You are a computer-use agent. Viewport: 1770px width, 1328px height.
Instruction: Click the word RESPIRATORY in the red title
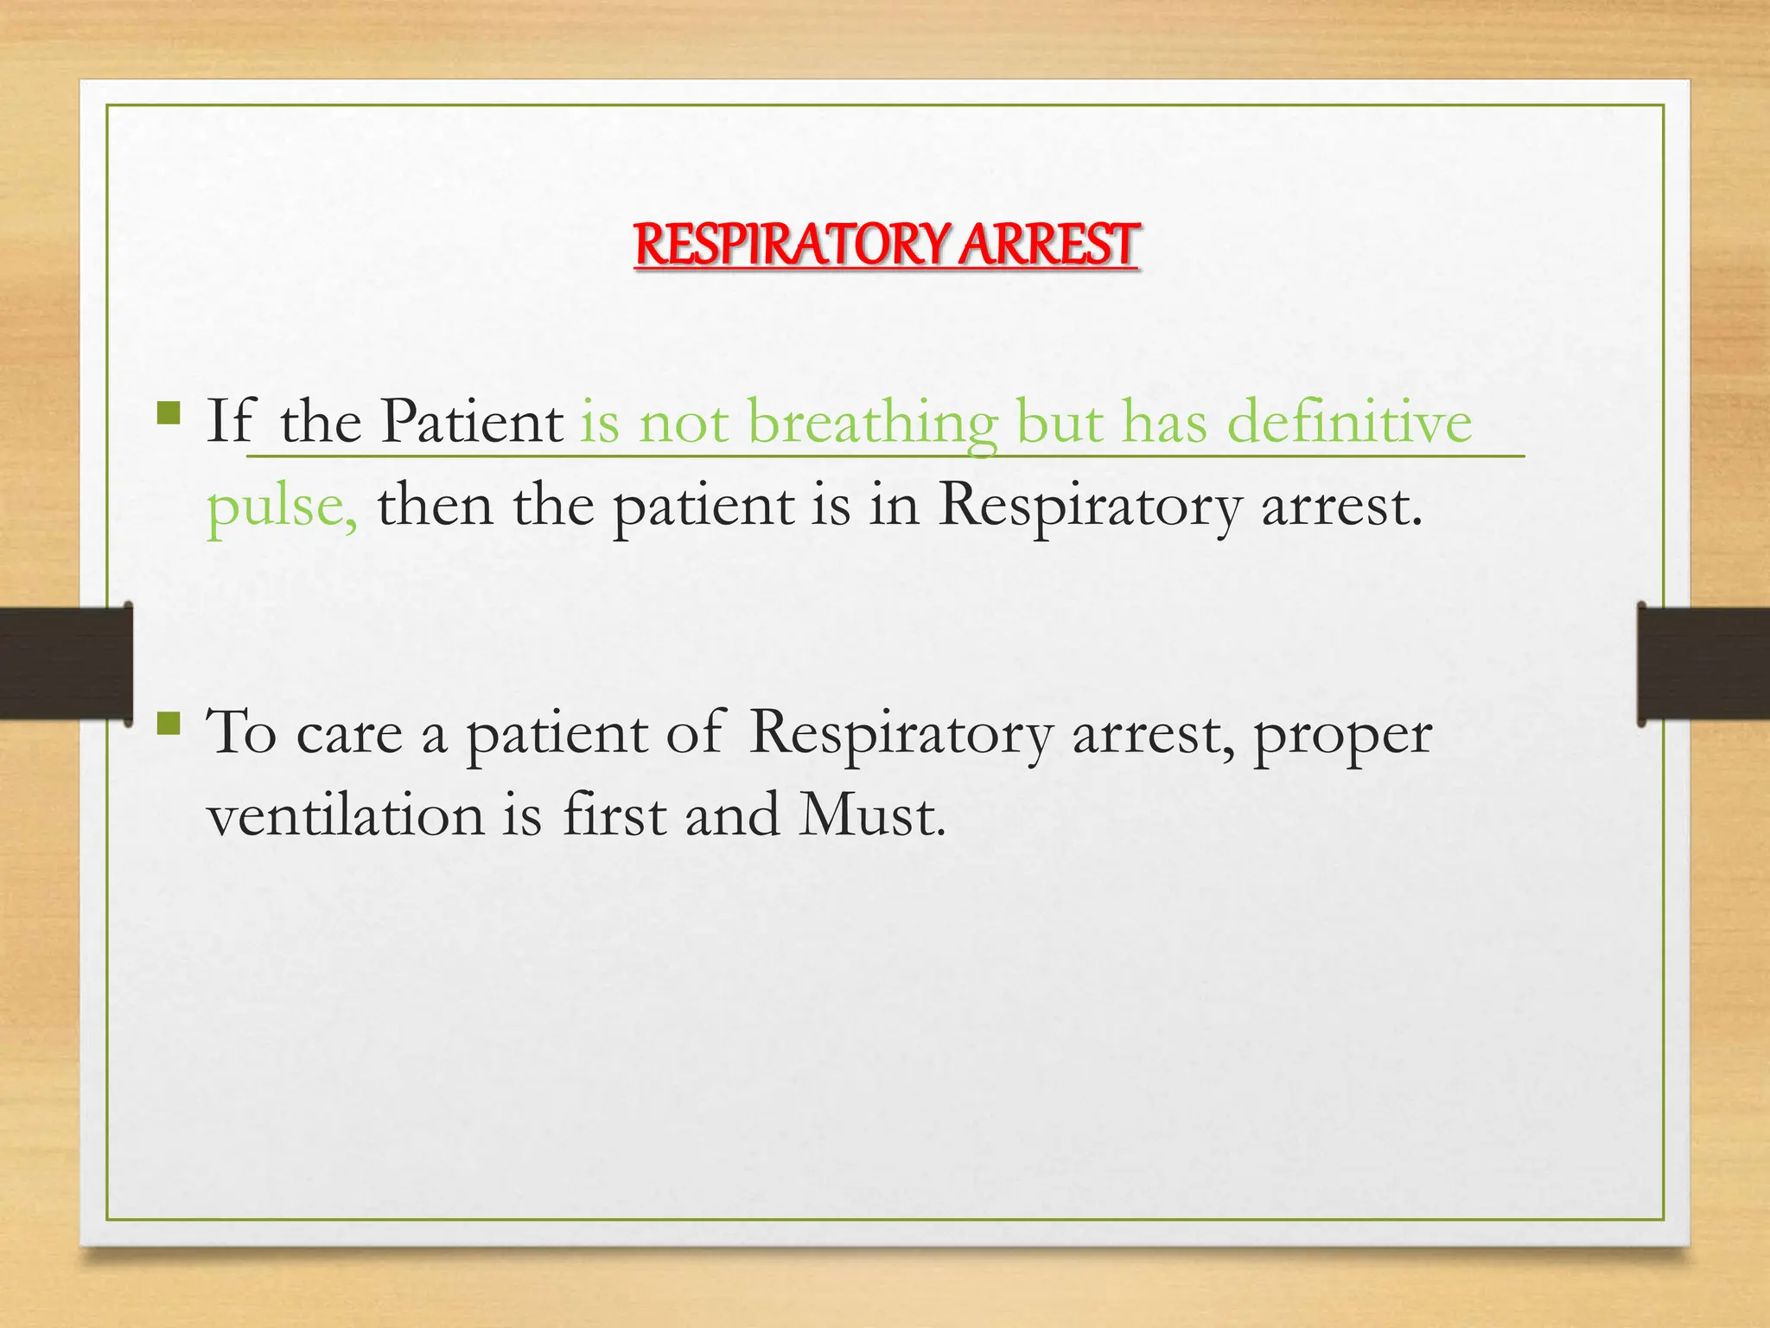point(793,245)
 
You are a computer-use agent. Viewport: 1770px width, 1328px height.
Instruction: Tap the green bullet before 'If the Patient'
point(169,413)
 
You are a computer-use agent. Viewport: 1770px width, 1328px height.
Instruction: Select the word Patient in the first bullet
point(472,422)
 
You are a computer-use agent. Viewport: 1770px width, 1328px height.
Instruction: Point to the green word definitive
point(1349,422)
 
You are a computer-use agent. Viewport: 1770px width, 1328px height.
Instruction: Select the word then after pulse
point(435,505)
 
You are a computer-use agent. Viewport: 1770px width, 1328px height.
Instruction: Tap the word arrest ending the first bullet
point(1340,507)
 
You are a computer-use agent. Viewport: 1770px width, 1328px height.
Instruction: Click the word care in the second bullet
point(349,735)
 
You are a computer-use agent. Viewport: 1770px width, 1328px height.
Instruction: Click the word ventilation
point(346,816)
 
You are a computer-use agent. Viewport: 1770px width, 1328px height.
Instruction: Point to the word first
point(614,814)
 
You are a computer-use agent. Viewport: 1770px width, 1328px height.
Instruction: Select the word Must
point(870,814)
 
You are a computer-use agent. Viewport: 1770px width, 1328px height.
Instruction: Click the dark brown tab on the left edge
point(65,663)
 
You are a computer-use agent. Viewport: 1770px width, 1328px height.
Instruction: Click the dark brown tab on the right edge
point(1703,663)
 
